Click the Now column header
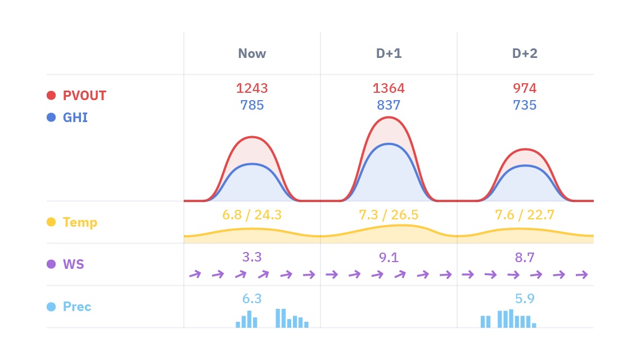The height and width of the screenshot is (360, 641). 252,53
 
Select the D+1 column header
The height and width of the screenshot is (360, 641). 389,53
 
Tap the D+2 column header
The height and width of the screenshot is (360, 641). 525,53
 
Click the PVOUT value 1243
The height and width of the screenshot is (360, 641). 252,88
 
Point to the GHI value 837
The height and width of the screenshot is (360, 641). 389,105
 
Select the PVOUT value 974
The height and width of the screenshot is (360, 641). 525,88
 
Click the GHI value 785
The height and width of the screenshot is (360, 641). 252,105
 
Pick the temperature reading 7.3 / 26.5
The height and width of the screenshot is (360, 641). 389,215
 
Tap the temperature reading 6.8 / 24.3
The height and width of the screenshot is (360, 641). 252,215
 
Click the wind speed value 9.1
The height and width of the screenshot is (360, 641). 389,258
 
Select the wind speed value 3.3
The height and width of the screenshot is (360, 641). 252,258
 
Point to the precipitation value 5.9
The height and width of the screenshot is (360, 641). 525,299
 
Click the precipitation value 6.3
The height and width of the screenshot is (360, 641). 252,299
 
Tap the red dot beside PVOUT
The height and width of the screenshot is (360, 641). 51,96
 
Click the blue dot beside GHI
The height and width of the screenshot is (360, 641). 51,118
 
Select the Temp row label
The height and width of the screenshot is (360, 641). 80,222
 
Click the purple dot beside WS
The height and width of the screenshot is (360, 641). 51,264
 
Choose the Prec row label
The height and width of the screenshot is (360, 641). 77,307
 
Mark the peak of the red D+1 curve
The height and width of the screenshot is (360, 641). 389,117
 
